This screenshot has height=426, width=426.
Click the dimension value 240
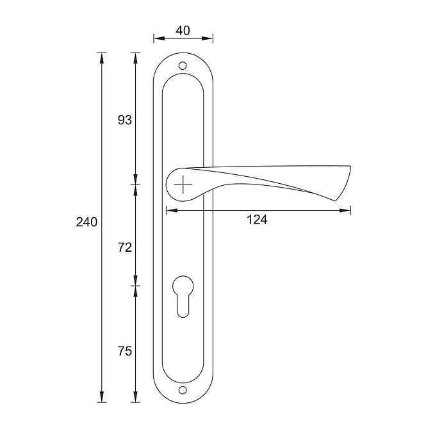(86, 222)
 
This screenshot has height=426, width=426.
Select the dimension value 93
(125, 120)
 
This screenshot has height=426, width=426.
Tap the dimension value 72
(125, 247)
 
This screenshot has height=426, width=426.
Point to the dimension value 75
(125, 351)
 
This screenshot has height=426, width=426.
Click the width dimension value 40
(183, 31)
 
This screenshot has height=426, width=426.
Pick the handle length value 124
(257, 220)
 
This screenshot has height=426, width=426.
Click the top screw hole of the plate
(183, 66)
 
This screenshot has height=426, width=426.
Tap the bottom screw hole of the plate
(183, 390)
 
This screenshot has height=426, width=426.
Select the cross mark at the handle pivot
(183, 184)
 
